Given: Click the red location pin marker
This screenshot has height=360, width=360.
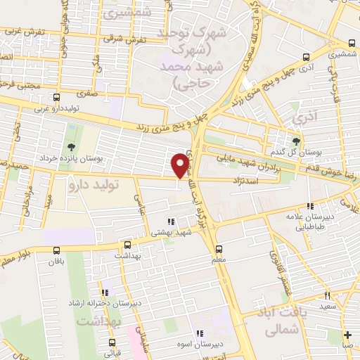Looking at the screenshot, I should pyautogui.click(x=181, y=165).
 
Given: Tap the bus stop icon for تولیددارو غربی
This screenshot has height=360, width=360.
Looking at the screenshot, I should pyautogui.click(x=56, y=98).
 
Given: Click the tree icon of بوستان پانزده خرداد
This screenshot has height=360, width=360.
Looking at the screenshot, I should pyautogui.click(x=72, y=146).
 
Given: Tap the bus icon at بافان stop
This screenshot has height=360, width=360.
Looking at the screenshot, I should pyautogui.click(x=56, y=250).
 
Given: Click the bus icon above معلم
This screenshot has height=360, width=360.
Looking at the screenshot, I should pyautogui.click(x=219, y=249).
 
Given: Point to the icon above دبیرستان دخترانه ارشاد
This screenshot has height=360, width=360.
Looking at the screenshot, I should pyautogui.click(x=105, y=292).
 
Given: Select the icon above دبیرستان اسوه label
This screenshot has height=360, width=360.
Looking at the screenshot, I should pyautogui.click(x=200, y=333).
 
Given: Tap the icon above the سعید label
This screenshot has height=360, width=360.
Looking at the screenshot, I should pyautogui.click(x=327, y=295).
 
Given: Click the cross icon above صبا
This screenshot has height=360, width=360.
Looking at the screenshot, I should pyautogui.click(x=348, y=335).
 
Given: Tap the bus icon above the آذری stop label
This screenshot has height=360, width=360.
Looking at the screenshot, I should pyautogui.click(x=305, y=58).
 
